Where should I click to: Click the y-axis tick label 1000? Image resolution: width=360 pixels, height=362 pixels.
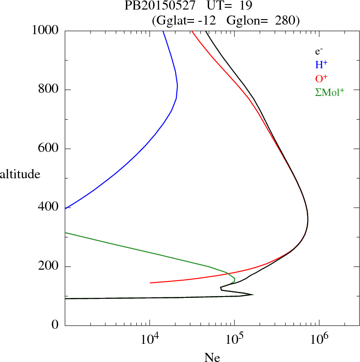45,30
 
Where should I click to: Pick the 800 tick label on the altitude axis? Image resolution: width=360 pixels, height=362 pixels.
49,90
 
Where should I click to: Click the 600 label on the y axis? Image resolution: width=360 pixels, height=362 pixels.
49,149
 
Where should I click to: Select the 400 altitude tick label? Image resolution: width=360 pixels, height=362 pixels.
49,207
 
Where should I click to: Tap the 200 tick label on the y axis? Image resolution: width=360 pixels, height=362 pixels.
49,266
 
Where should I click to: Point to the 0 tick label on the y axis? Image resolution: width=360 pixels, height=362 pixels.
56,325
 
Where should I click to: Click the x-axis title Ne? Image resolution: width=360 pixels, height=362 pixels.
212,357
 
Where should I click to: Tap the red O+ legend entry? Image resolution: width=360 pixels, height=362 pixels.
321,78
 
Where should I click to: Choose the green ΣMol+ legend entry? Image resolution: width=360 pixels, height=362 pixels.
330,92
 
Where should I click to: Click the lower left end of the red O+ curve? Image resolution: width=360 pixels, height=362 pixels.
150,283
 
